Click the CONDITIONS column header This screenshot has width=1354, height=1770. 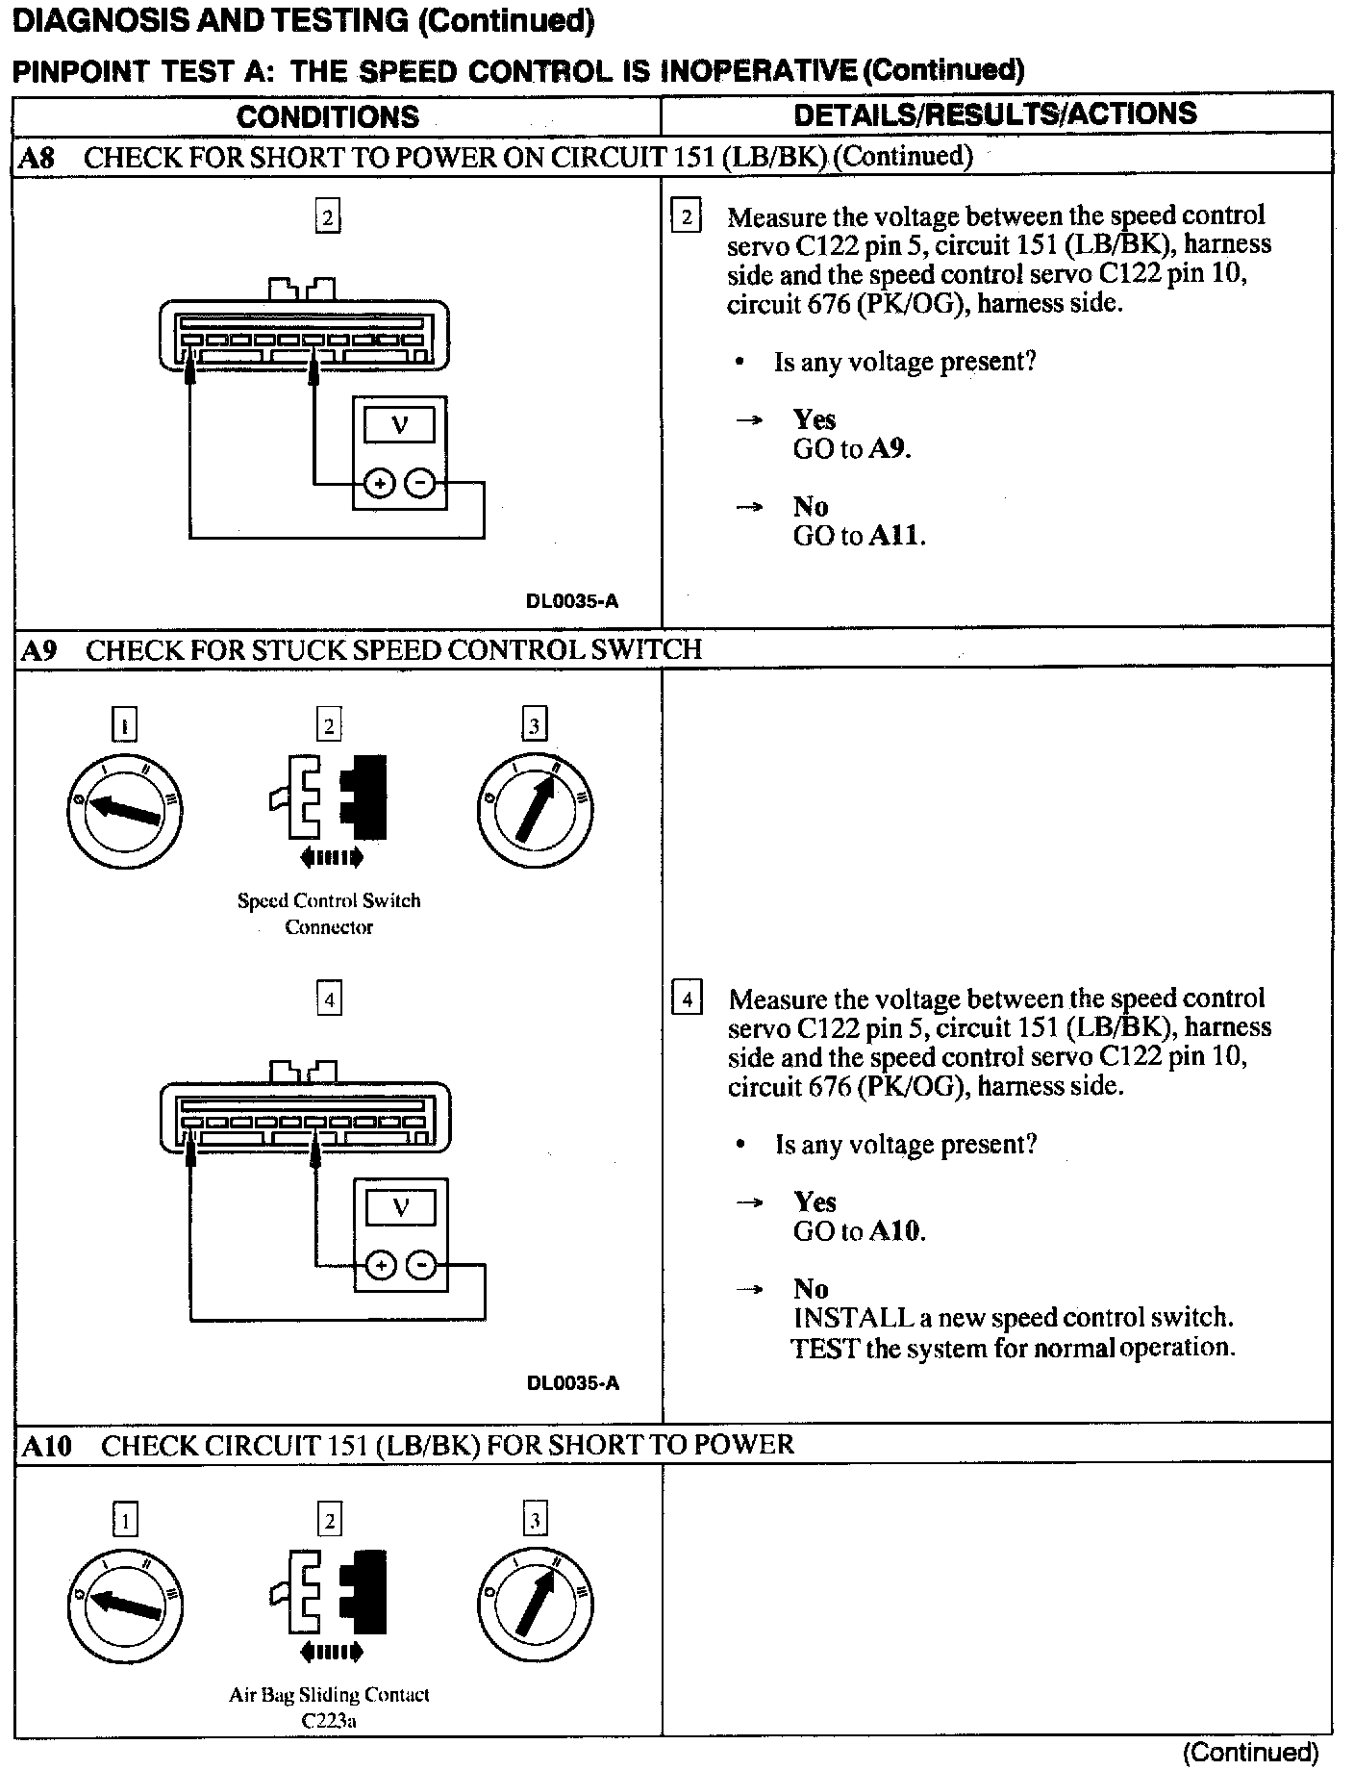(x=328, y=116)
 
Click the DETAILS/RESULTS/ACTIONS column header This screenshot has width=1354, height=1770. (x=994, y=114)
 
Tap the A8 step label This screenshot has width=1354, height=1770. (x=38, y=158)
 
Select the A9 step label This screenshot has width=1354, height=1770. (x=38, y=651)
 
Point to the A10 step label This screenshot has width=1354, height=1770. (x=46, y=1446)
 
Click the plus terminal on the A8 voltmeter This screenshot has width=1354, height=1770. (x=380, y=484)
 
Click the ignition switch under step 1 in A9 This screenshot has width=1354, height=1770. (x=124, y=809)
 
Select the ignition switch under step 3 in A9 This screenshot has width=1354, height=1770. (x=535, y=809)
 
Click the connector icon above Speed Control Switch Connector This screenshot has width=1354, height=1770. (x=329, y=797)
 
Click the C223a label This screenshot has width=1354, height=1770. (x=329, y=1721)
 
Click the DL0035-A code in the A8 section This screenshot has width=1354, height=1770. (x=572, y=601)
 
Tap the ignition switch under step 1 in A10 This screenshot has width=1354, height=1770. (x=125, y=1605)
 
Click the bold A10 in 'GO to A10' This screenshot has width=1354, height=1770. (x=895, y=1230)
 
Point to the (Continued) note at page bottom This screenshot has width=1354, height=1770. (x=1250, y=1752)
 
